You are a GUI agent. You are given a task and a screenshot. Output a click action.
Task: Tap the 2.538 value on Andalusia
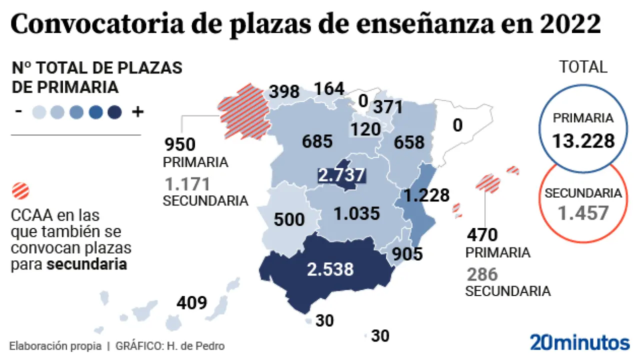click(x=330, y=269)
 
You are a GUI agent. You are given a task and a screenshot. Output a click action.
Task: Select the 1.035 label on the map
click(x=357, y=214)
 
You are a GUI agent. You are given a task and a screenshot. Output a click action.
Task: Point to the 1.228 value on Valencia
click(x=426, y=194)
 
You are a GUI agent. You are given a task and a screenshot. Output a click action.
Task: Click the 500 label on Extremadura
click(x=289, y=219)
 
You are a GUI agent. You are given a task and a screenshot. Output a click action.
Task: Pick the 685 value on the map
click(x=317, y=141)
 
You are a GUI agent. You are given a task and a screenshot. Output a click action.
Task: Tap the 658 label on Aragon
click(x=408, y=142)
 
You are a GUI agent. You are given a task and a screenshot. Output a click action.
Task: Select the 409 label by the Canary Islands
click(x=191, y=302)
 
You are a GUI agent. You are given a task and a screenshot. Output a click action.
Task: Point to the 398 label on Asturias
click(x=284, y=92)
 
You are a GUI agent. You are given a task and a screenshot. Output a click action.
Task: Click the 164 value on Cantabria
click(x=329, y=89)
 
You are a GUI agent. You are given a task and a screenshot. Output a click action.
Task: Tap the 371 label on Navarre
click(x=385, y=106)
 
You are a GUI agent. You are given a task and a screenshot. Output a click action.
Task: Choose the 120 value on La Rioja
click(x=365, y=129)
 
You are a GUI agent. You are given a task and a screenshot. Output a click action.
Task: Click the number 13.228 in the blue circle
click(x=583, y=141)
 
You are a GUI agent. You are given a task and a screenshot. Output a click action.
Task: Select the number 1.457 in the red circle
click(x=583, y=213)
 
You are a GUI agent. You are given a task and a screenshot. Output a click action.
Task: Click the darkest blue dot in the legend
click(x=114, y=112)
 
